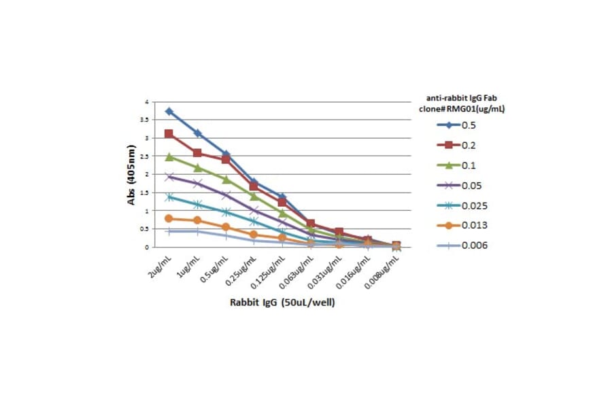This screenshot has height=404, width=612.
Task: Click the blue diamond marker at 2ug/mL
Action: click(x=169, y=112)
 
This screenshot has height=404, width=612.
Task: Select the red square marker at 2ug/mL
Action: click(x=169, y=134)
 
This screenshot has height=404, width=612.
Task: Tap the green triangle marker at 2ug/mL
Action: click(x=169, y=156)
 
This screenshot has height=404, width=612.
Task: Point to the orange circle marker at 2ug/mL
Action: click(x=169, y=218)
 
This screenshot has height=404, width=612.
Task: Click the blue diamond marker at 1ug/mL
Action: click(x=197, y=133)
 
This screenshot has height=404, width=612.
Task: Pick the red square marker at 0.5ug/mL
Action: click(x=226, y=159)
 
